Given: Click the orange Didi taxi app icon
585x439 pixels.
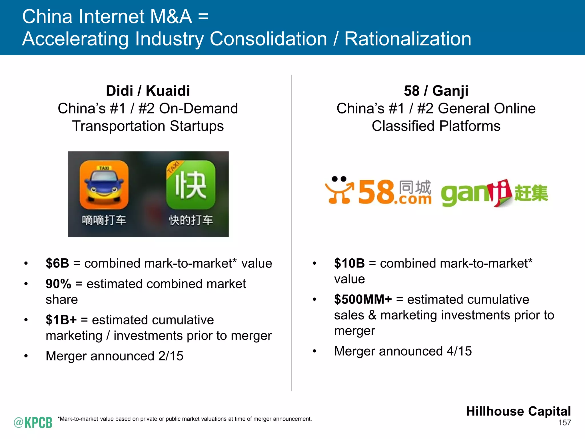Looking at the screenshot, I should [104, 185].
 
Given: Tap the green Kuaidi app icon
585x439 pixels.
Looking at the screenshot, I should [191, 185].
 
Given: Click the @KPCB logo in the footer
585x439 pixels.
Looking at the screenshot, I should [33, 422].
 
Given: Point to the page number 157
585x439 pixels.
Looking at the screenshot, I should [564, 423].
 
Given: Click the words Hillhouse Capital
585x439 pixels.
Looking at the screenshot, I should [518, 411].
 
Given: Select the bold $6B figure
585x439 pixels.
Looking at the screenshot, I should [57, 263].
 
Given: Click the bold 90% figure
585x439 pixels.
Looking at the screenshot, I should [58, 284].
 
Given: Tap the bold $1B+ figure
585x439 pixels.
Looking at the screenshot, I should [61, 320].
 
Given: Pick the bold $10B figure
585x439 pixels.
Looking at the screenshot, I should [349, 263].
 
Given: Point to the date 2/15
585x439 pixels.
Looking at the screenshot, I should [171, 356].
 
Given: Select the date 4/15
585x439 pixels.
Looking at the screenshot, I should [459, 351].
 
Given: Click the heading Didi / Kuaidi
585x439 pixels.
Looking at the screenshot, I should [148, 91].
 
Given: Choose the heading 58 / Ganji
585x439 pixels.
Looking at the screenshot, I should [436, 91].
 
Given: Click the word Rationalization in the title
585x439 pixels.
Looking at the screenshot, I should [408, 39].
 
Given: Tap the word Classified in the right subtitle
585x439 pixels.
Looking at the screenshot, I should [403, 126].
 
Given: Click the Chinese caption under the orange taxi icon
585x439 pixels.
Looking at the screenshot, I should [104, 220].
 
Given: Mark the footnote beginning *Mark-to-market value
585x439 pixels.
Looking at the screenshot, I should [185, 419].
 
